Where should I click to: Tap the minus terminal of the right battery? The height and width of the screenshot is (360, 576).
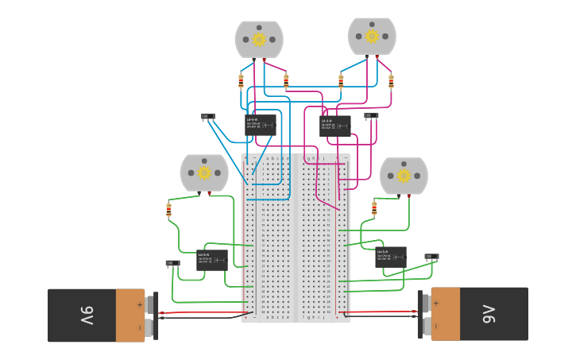426,326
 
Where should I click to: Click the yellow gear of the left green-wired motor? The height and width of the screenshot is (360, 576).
204,172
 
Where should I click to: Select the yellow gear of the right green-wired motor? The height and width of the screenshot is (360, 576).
404,176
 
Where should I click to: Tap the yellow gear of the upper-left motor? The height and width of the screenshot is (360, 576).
259,39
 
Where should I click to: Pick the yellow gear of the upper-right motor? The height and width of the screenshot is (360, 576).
372,36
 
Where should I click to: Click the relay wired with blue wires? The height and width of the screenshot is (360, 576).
261,125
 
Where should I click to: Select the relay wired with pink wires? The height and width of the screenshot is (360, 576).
334,126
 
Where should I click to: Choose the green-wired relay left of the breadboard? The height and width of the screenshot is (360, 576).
211,260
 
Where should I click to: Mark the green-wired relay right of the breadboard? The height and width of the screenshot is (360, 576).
390,257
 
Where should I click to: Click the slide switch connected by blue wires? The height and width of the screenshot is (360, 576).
208,117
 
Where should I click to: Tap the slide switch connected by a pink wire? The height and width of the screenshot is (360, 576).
371,116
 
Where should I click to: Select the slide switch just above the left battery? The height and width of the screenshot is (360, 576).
172,263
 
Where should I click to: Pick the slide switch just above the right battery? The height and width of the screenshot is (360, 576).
431,257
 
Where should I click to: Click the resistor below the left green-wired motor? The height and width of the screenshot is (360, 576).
168,211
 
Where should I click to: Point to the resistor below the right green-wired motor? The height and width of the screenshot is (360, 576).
374,208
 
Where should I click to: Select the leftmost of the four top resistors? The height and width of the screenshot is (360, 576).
242,80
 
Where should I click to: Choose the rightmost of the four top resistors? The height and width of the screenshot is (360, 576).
391,80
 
